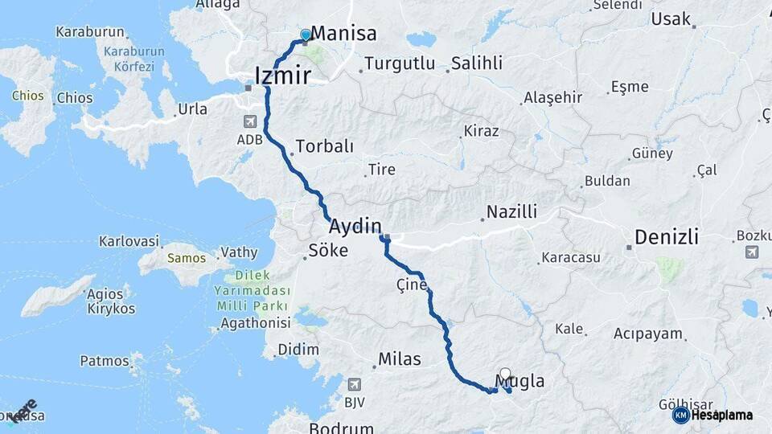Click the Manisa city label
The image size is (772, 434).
tap(343, 34)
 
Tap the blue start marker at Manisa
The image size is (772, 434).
tap(306, 35)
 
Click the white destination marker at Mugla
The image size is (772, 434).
tap(505, 374)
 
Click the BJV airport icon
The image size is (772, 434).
tap(355, 385)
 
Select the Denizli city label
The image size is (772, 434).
tap(667, 237)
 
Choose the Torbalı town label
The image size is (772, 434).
tap(325, 147)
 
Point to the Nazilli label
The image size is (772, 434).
tap(511, 212)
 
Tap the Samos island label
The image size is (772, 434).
tap(187, 258)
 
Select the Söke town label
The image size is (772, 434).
tap(329, 251)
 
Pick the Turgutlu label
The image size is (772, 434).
tap(400, 63)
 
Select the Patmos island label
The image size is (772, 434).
tap(105, 361)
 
